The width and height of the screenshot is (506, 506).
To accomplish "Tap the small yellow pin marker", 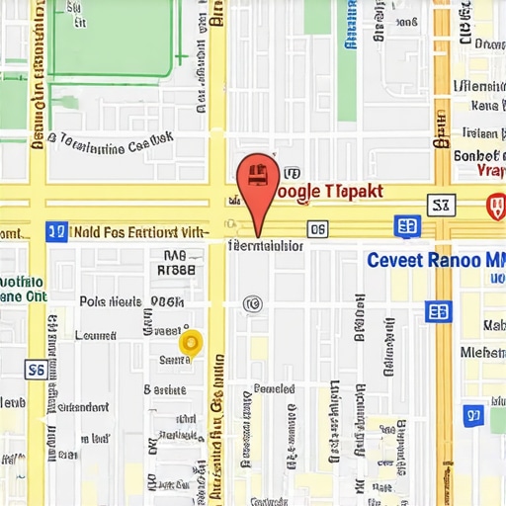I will pyautogui.click(x=191, y=342).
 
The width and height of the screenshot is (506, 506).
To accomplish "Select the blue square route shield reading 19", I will pyautogui.click(x=56, y=232).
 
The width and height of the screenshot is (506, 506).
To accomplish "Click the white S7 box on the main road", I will pyautogui.click(x=441, y=205).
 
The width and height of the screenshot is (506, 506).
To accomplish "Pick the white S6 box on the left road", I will pyautogui.click(x=35, y=370).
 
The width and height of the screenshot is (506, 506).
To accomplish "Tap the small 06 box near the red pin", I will pyautogui.click(x=317, y=230).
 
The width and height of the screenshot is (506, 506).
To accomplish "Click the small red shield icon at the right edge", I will pyautogui.click(x=495, y=207).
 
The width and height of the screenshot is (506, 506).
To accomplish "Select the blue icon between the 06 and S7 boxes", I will pyautogui.click(x=406, y=226).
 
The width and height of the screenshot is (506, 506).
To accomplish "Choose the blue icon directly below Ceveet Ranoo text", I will pyautogui.click(x=438, y=311).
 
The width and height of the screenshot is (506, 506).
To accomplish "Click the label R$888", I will pyautogui.click(x=177, y=268).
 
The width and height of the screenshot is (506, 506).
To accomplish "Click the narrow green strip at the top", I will pyautogui.click(x=347, y=59).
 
